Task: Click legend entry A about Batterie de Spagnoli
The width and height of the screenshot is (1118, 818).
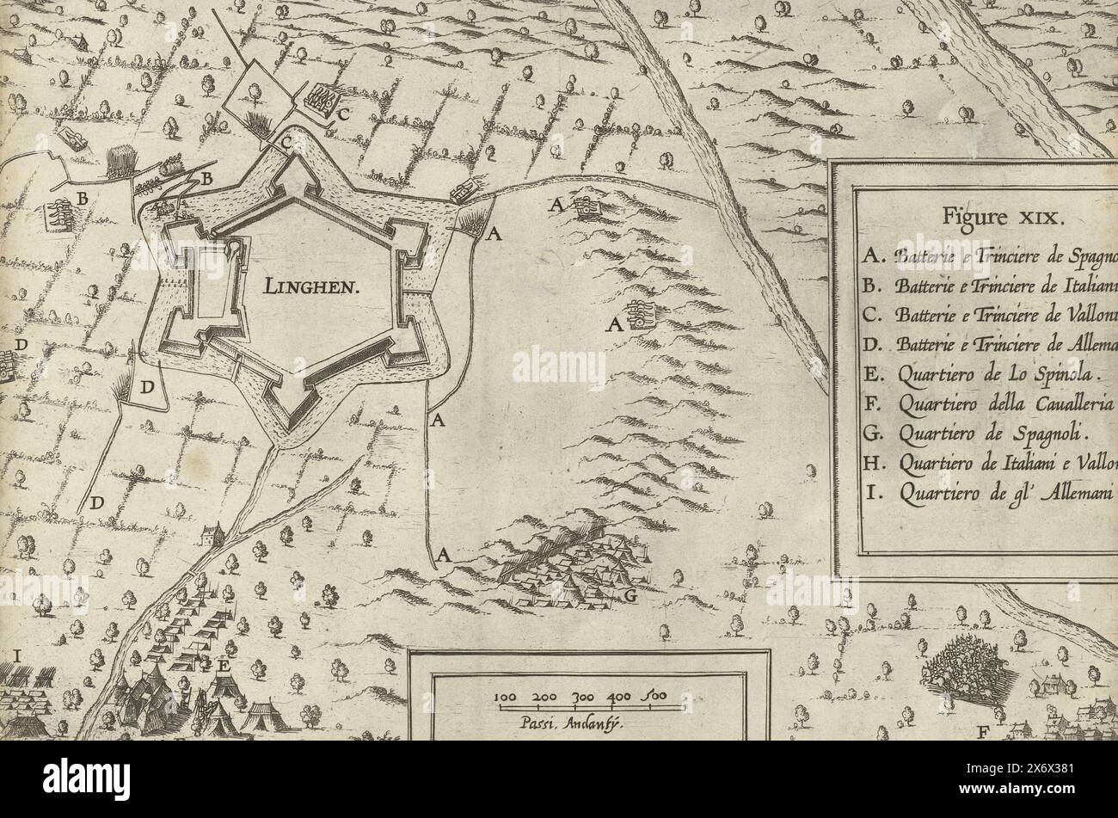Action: tap(989, 255)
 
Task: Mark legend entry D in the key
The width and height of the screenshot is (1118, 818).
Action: tap(989, 345)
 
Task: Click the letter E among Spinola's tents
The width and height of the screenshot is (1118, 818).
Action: tap(224, 665)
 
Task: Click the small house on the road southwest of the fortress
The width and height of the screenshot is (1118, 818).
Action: tap(212, 535)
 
